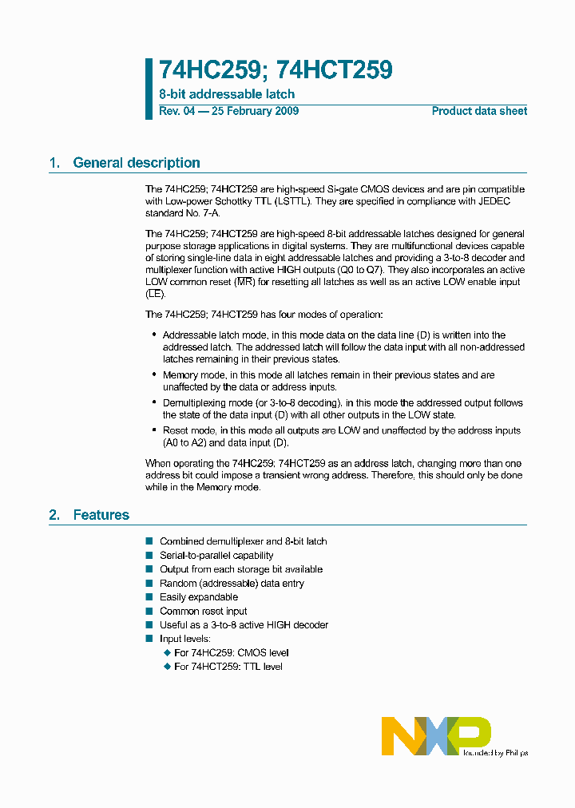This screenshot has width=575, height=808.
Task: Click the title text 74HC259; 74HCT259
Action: pos(276,71)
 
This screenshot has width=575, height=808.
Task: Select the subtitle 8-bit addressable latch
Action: pos(227,94)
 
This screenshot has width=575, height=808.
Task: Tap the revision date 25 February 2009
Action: pos(255,111)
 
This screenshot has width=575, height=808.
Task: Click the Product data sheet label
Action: pos(479,111)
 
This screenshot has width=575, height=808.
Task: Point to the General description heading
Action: pos(137,163)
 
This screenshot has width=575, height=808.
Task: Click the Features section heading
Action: pos(101,515)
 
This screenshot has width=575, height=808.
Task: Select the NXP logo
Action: pos(435,735)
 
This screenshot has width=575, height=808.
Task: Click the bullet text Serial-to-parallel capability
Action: pos(216,555)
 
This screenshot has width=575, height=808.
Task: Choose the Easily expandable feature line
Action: pos(199,597)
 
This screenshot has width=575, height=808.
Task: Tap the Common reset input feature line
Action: pos(204,611)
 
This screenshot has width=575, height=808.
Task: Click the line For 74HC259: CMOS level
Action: pos(231,652)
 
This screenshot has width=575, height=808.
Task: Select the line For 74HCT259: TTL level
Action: pos(228,667)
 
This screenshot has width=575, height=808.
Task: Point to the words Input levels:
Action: pos(185,639)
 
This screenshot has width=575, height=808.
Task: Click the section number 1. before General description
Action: pos(54,163)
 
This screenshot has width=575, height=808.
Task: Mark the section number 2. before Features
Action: pos(54,515)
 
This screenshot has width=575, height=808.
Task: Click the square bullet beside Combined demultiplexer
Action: pos(149,541)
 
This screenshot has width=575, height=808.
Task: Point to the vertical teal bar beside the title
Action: pos(149,89)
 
